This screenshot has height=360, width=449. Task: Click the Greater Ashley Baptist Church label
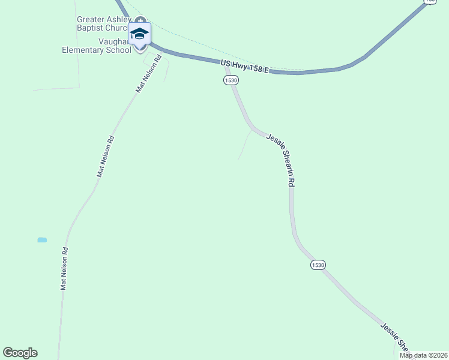pyautogui.click(x=103, y=23)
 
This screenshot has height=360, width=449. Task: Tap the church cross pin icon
pyautogui.click(x=140, y=20)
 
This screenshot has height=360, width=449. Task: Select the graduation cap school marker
pyautogui.click(x=139, y=35)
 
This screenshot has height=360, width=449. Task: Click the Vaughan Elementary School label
pyautogui.click(x=96, y=46)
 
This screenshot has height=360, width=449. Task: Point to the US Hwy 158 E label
pyautogui.click(x=244, y=67)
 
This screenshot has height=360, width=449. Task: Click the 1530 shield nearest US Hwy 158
pyautogui.click(x=231, y=80)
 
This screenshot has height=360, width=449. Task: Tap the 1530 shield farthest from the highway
pyautogui.click(x=318, y=265)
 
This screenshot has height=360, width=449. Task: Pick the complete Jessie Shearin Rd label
pyautogui.click(x=281, y=160)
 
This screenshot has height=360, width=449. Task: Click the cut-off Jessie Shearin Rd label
pyautogui.click(x=395, y=338)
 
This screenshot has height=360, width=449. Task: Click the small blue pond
pyautogui.click(x=42, y=240)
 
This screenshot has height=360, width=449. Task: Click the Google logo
pyautogui.click(x=20, y=353)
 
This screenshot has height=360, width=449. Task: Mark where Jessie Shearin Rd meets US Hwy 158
pyautogui.click(x=226, y=62)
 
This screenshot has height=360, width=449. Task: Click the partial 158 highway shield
pyautogui.click(x=430, y=2)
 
